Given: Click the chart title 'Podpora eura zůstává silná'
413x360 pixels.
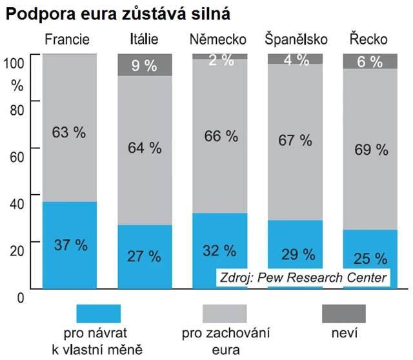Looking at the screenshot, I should coord(117,12).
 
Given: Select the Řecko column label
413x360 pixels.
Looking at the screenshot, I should coord(368,40).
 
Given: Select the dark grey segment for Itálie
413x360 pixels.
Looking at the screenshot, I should coord(145,65).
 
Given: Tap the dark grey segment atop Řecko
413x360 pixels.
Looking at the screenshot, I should coord(370,61).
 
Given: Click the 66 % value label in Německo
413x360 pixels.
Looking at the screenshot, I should coord(220,137).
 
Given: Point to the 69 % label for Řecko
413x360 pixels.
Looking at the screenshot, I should coord(371,150).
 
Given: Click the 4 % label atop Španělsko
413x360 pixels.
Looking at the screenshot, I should coord(296,59).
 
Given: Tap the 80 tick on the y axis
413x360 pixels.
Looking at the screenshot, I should coord(17,109).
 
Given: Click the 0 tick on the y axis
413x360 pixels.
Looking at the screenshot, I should coord(19,297).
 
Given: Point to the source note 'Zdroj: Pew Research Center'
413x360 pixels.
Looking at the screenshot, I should coord(303,277).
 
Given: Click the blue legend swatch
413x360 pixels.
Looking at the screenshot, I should coord(99,314).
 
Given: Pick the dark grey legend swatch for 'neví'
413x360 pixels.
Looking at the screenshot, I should coord(343,314).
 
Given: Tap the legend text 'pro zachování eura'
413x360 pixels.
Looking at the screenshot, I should coord(225,342).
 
